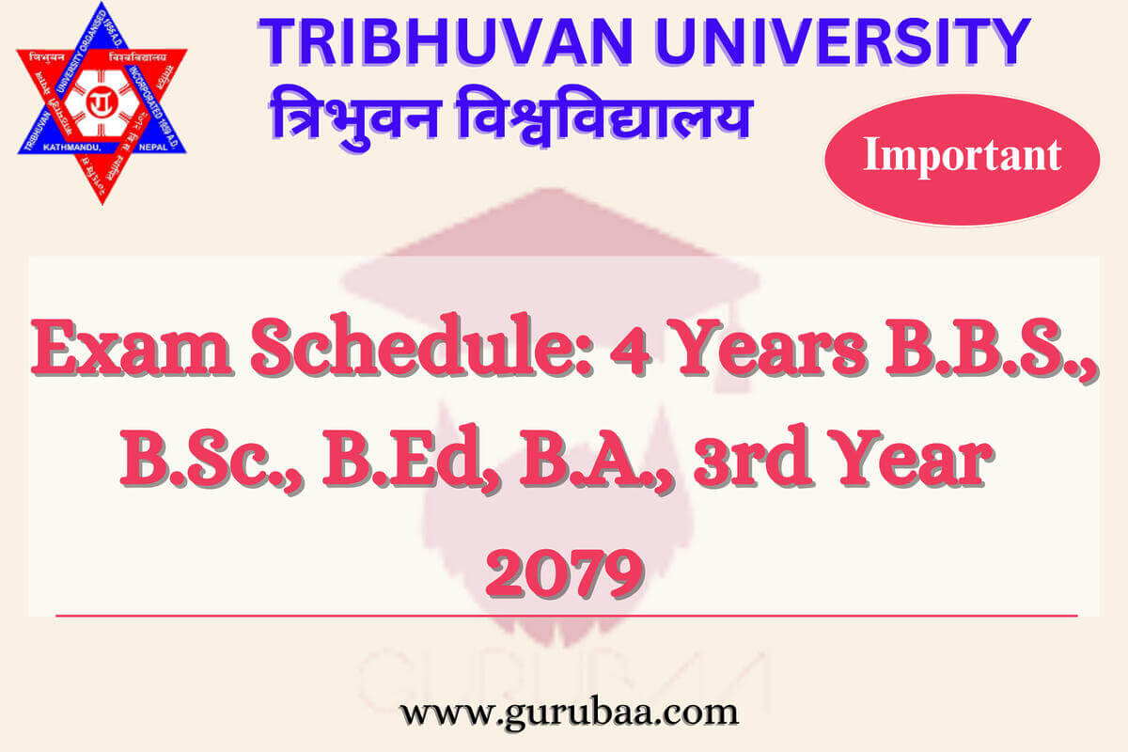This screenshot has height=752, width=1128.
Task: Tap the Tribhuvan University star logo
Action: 102,102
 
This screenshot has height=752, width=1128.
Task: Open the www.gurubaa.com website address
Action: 569,712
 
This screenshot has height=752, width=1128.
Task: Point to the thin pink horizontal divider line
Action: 564,616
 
